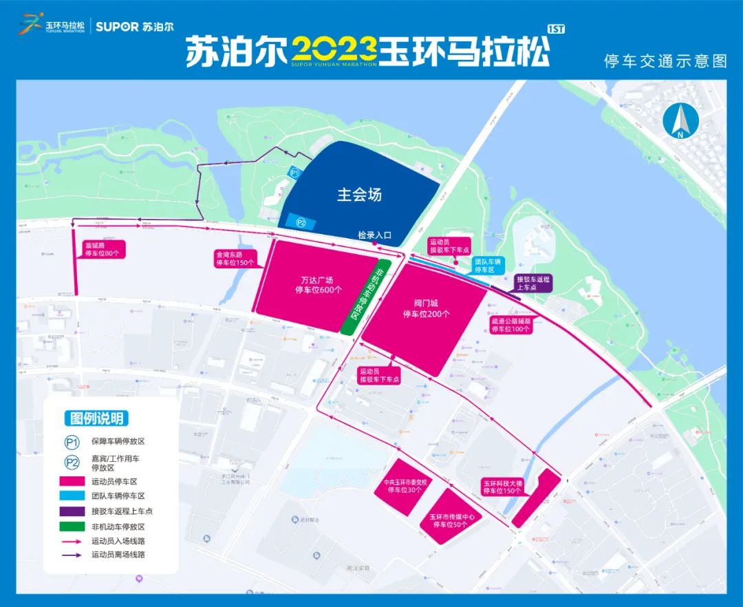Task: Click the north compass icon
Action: (680, 122)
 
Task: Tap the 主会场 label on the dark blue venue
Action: (359, 195)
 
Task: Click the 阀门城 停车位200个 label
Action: (426, 308)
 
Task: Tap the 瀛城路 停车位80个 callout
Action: (102, 249)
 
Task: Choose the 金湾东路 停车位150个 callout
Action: (235, 258)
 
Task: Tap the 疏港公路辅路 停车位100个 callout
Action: (510, 325)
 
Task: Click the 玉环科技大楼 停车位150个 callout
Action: (504, 487)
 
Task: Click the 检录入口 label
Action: (374, 235)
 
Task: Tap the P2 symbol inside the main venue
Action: (300, 222)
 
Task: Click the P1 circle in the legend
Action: (71, 443)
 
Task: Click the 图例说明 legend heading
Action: (98, 418)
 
